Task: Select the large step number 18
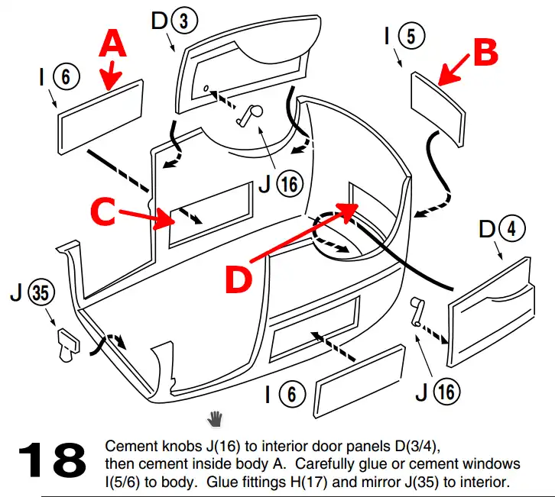[x=52, y=460]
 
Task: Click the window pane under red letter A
[x=101, y=115]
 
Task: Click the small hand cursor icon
[x=216, y=417]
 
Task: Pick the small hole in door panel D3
[x=207, y=89]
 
